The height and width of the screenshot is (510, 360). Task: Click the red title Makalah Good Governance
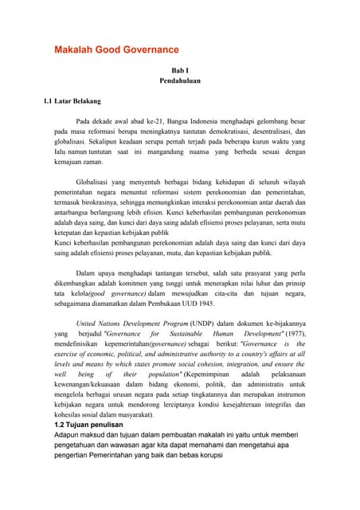pyautogui.click(x=115, y=49)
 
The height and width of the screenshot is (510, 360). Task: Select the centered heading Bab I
pyautogui.click(x=180, y=70)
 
